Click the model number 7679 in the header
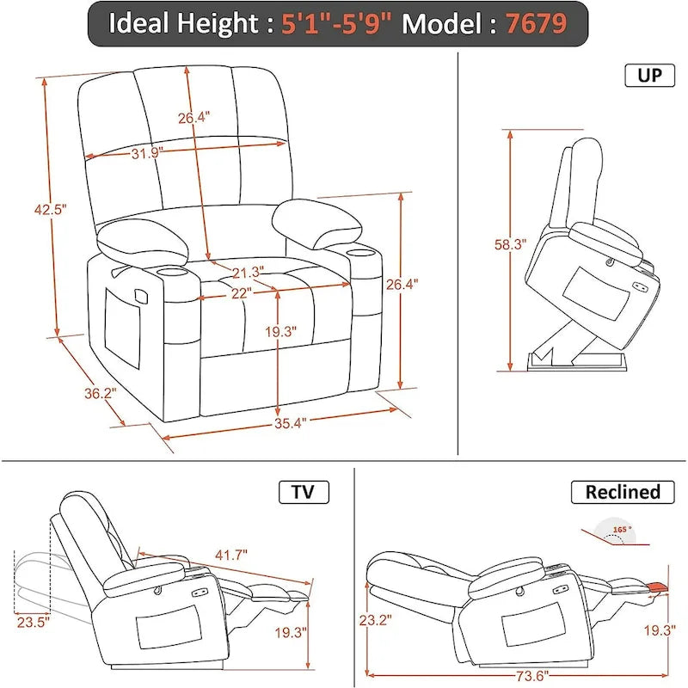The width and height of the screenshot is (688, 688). (535, 23)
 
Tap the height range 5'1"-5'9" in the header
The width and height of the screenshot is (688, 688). (338, 23)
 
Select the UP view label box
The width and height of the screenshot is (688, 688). (649, 76)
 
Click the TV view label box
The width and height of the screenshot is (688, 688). (304, 492)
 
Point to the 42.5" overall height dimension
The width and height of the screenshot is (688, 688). (50, 209)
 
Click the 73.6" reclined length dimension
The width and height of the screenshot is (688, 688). (511, 674)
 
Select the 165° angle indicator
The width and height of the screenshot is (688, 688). (617, 532)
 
